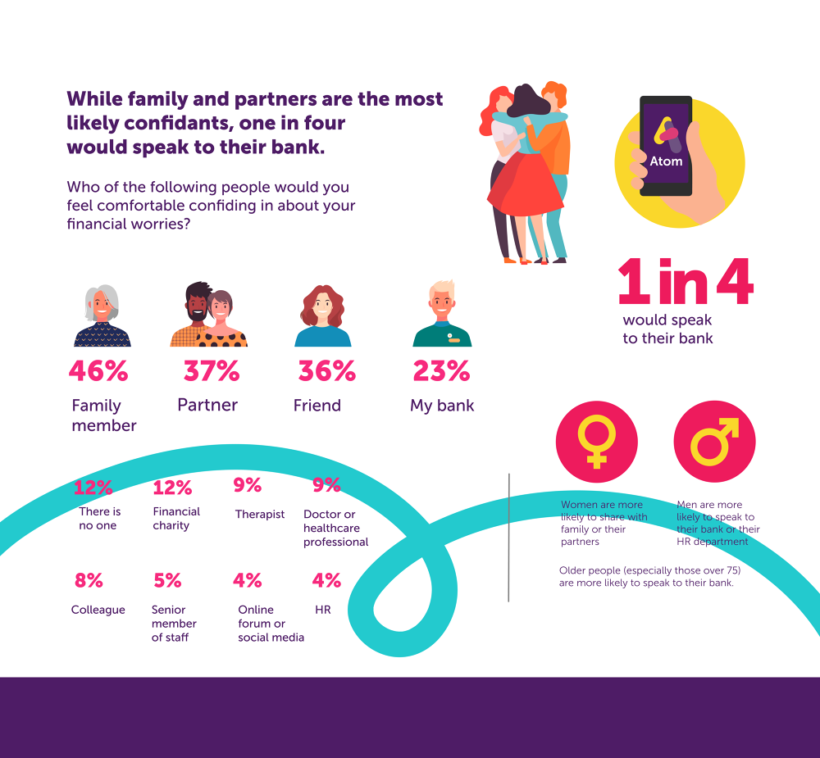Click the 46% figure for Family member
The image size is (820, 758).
click(x=98, y=371)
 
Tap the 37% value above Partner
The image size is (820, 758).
click(x=212, y=371)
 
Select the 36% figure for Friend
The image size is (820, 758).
click(x=326, y=371)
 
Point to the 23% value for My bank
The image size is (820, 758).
click(x=441, y=371)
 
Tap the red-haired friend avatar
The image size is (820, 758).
click(x=323, y=315)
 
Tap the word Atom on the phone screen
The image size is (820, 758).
click(x=666, y=161)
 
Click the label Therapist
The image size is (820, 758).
click(x=260, y=515)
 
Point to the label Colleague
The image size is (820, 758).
click(x=98, y=610)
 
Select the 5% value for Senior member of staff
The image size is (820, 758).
click(x=167, y=581)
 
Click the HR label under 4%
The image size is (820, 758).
click(x=322, y=610)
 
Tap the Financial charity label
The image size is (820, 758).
click(x=176, y=519)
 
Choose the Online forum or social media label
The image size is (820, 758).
click(x=271, y=624)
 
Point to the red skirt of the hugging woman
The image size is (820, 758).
click(x=525, y=184)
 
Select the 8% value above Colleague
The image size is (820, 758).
click(x=89, y=581)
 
